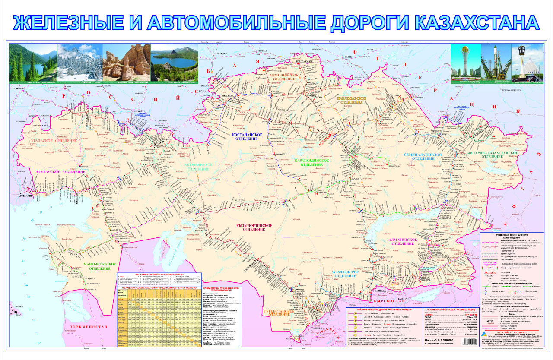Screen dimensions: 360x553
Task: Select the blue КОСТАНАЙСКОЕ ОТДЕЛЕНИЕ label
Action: (248, 138)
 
